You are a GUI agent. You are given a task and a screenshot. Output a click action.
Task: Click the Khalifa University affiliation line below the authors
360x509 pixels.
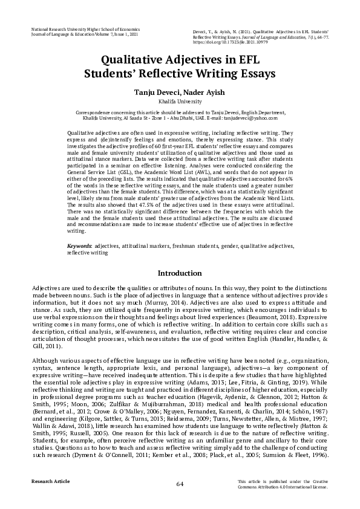pos(180,102)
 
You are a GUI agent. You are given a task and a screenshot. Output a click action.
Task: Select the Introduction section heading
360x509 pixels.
pos(180,273)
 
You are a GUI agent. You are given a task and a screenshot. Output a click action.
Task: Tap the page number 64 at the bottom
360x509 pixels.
pos(180,484)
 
